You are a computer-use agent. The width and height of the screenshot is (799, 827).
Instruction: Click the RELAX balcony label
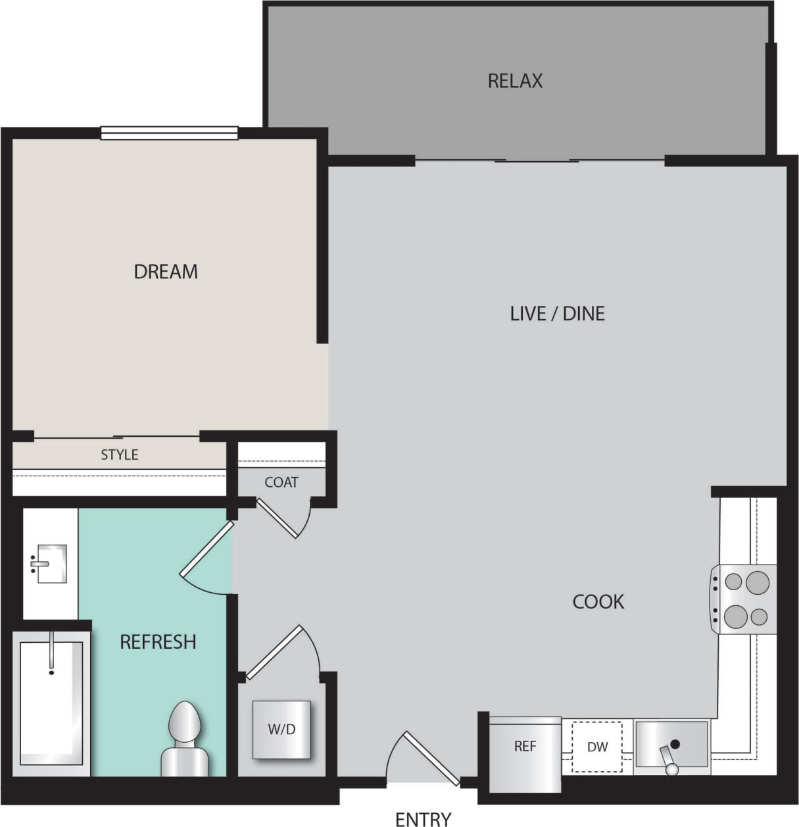[515, 81]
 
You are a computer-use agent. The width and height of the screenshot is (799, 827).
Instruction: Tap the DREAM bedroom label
[166, 271]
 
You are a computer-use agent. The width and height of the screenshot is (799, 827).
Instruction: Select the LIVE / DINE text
[557, 313]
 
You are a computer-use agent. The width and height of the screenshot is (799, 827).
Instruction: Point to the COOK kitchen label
[598, 601]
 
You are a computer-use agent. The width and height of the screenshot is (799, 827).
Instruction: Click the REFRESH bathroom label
[158, 641]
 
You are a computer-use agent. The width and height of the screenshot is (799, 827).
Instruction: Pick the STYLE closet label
[119, 455]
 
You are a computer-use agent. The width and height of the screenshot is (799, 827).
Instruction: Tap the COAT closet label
[281, 482]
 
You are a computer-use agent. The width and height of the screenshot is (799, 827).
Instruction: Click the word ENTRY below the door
[423, 818]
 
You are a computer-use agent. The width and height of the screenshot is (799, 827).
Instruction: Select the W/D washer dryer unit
[281, 730]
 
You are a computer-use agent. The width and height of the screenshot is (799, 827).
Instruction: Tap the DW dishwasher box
[597, 747]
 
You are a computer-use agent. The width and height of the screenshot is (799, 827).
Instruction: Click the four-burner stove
[745, 599]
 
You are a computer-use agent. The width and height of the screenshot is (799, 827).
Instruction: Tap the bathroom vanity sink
[51, 564]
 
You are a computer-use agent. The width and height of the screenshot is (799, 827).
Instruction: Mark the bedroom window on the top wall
[169, 134]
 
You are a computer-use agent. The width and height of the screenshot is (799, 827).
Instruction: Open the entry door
[431, 759]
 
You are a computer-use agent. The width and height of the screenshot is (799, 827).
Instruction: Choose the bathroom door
[206, 549]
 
